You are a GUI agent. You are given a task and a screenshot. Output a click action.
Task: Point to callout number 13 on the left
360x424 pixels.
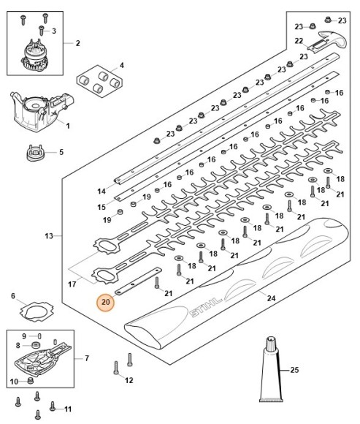click(49, 236)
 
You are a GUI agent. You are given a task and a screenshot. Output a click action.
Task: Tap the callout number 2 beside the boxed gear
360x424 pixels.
click(77, 43)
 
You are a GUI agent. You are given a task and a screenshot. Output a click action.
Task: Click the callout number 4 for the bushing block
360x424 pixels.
click(121, 66)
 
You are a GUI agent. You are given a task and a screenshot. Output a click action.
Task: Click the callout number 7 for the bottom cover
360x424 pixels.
click(86, 358)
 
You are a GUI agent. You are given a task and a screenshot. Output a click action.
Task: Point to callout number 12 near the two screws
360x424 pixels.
click(129, 380)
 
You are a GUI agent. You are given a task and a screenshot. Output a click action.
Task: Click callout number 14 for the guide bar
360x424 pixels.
click(102, 191)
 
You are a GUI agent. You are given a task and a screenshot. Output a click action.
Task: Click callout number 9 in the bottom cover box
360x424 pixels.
click(23, 336)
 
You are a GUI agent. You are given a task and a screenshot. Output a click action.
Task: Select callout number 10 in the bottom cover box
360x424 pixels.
click(13, 381)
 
